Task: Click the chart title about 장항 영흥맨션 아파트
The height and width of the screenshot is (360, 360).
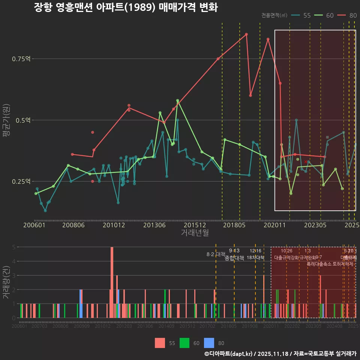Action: [x=126, y=7]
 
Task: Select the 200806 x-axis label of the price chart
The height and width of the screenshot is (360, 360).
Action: [x=73, y=225]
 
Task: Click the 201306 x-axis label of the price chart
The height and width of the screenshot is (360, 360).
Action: [x=154, y=225]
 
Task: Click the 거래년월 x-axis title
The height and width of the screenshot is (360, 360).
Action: [x=195, y=233]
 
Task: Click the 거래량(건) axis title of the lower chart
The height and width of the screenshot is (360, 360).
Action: [x=6, y=282]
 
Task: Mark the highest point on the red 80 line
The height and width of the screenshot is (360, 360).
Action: [x=246, y=34]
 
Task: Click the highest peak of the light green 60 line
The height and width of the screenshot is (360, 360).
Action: [x=177, y=100]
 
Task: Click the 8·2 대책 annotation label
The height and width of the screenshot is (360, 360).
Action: [x=216, y=254]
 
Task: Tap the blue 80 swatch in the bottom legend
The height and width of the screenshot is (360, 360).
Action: [x=209, y=343]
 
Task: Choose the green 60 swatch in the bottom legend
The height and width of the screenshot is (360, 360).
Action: [x=184, y=343]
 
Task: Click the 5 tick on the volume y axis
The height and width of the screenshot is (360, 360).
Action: [x=13, y=247]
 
